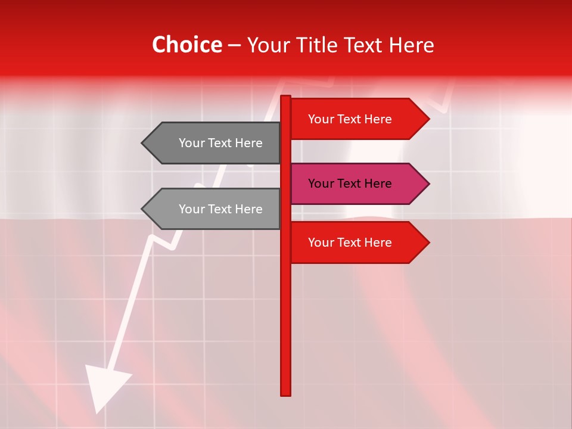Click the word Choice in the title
coord(186,45)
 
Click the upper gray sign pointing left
coord(214,143)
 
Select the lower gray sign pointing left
coord(214,209)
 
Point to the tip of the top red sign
coord(428,119)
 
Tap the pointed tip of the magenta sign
coord(428,184)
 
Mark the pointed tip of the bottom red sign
coord(428,243)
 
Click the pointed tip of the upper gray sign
coord(143,143)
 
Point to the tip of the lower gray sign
coord(143,209)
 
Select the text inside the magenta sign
coord(350,184)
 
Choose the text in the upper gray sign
coord(220,143)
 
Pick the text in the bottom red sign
coord(350,243)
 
